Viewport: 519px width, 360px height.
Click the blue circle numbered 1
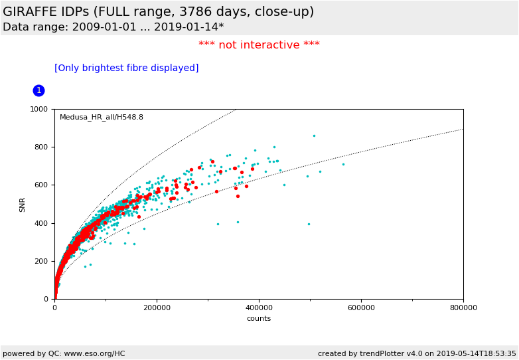[x=38, y=90]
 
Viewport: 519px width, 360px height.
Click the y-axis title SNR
[x=23, y=204]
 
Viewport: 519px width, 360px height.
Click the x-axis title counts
[x=259, y=319]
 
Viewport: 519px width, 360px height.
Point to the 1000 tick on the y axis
[x=42, y=110]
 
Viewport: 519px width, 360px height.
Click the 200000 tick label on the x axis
[x=157, y=308]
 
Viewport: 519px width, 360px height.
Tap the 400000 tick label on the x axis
[x=259, y=308]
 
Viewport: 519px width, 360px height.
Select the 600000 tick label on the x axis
[x=361, y=308]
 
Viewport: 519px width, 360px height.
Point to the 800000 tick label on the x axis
[x=463, y=308]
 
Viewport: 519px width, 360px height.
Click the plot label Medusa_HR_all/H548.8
[x=102, y=118]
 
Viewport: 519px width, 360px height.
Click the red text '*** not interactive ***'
[x=259, y=45]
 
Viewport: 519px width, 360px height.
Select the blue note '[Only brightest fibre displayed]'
[x=126, y=68]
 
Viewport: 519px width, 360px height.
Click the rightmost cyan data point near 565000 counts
[x=343, y=164]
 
